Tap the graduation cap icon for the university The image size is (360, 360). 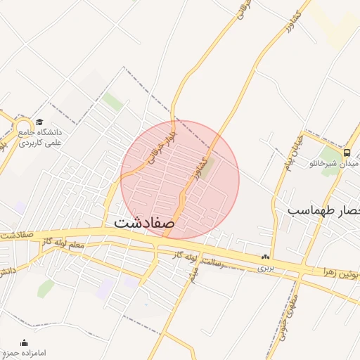tap(39, 122)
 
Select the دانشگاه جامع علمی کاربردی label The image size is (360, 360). tap(41, 137)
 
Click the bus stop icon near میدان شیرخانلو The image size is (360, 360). tap(347, 153)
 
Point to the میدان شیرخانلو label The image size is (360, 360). tap(334, 164)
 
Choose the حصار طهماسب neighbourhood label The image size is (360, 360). tap(323, 210)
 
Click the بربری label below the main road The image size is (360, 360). tap(264, 268)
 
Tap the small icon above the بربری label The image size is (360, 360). tap(265, 258)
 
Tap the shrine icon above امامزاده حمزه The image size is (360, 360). tap(25, 342)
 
